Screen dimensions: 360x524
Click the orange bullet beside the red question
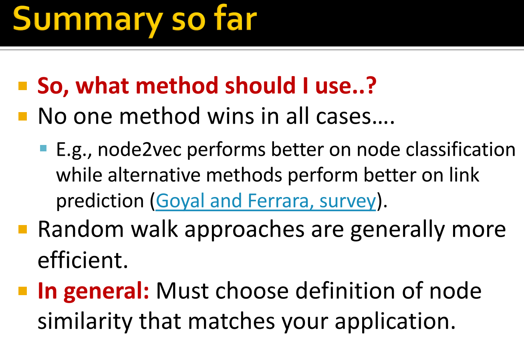coord(23,86)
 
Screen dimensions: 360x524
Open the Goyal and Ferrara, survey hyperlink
coord(266,201)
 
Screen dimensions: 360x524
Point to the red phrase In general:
coord(93,291)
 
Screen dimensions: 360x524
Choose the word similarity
coord(85,321)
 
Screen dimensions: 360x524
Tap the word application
coord(395,321)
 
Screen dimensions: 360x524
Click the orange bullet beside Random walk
coord(23,229)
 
